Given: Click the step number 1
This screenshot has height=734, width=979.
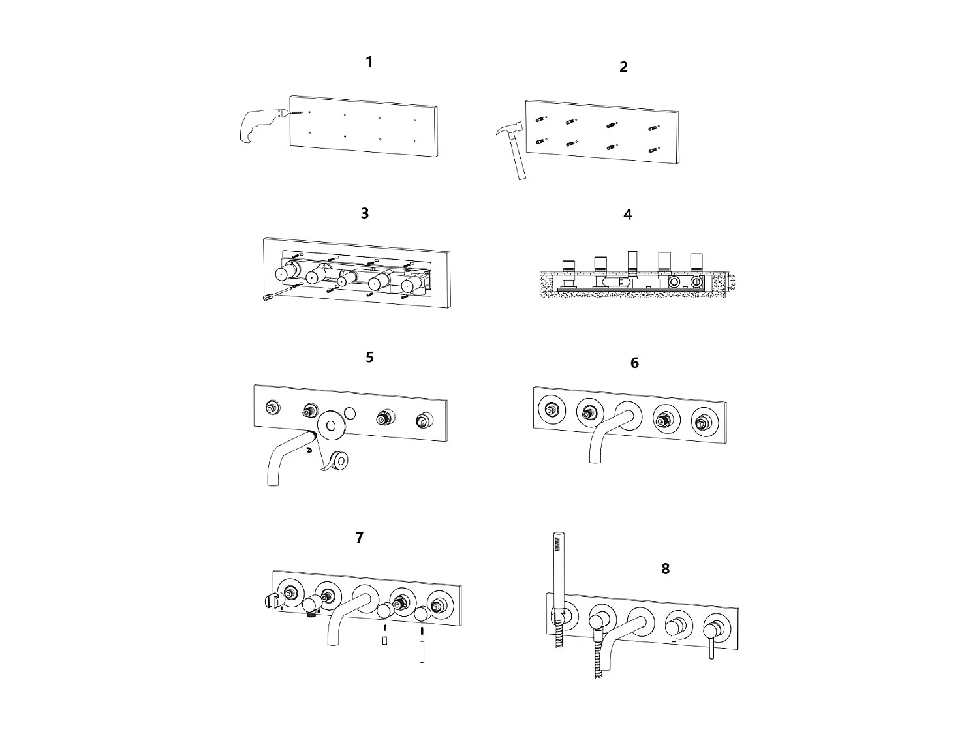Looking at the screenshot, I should pos(369,63).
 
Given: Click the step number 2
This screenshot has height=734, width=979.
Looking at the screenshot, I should pos(623,67).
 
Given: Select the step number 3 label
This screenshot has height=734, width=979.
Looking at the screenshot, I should pos(365,213).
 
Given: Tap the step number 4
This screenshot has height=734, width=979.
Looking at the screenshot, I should pos(628,215).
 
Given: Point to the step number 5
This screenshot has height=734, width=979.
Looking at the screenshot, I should pos(369,358).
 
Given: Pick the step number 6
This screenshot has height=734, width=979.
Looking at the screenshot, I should pos(634,363).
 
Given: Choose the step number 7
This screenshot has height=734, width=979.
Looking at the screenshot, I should pos(360,538).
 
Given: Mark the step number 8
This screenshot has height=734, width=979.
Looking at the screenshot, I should pos(665,569).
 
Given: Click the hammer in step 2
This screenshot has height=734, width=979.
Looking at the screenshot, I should pos(513,147).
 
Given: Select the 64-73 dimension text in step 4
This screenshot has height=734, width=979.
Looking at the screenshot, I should pos(732,282).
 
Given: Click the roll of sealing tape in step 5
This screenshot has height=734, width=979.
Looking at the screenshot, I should pos(338,460).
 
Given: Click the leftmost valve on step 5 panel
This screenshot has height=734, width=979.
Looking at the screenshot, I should pos(272,408).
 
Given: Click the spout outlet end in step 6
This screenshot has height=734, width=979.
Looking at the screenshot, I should pos(595,459).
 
